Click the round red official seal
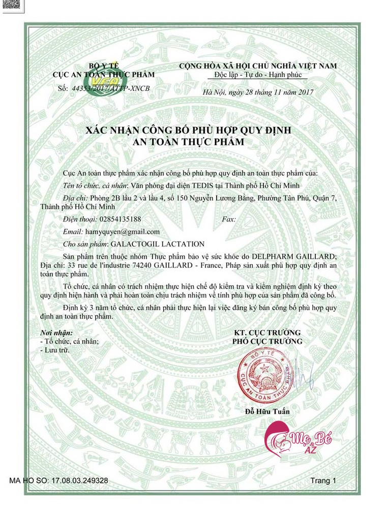click(x=266, y=375)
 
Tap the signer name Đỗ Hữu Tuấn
click(x=267, y=411)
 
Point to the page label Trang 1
click(x=323, y=480)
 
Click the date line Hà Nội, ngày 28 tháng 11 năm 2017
click(x=258, y=92)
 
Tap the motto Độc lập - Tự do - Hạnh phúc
click(x=258, y=75)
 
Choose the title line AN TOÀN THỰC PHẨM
click(x=189, y=143)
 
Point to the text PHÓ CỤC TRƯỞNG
click(x=267, y=341)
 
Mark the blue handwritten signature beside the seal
click(x=304, y=376)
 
